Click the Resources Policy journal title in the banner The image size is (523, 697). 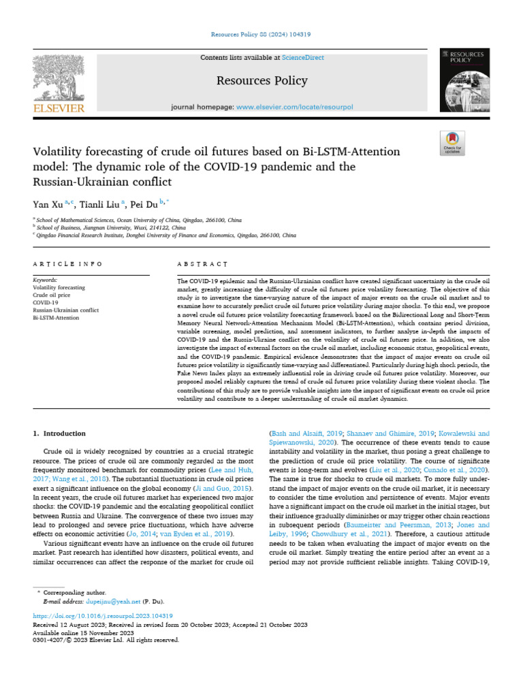click(261, 81)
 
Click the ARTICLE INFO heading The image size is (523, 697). click(68, 263)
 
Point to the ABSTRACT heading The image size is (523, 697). click(202, 263)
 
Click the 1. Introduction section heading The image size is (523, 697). click(60, 434)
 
